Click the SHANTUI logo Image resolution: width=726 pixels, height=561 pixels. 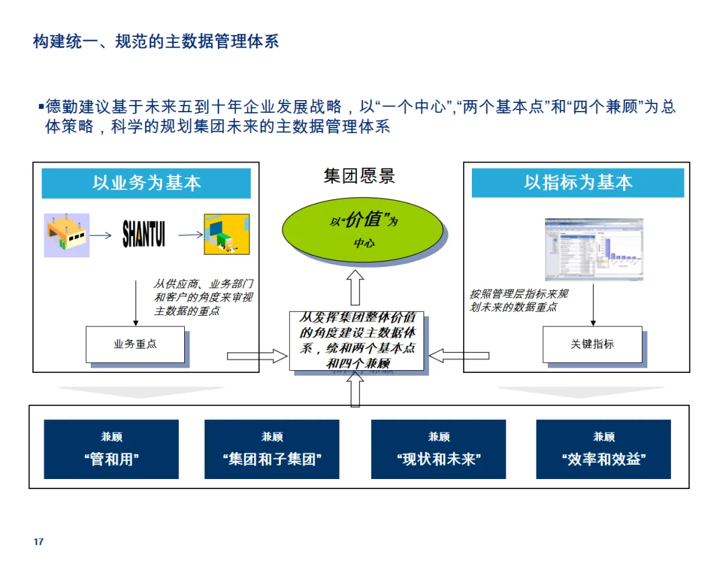(x=143, y=234)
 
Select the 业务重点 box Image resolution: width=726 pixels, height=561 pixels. (x=135, y=344)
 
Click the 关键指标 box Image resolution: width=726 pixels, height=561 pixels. (x=592, y=344)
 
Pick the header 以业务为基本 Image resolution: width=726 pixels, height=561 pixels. (x=146, y=183)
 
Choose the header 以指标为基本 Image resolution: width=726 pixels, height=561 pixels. (x=577, y=183)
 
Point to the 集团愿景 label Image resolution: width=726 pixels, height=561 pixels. (x=359, y=177)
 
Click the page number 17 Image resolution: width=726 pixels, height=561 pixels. (x=38, y=542)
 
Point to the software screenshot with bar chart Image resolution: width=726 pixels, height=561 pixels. (x=594, y=249)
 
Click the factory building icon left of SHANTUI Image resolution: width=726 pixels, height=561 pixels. (x=67, y=235)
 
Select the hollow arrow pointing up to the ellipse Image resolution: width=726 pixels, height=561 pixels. (x=356, y=287)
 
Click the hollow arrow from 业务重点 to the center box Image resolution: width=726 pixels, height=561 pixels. (x=257, y=356)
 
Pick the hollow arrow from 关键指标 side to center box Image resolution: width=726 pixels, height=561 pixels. (x=459, y=356)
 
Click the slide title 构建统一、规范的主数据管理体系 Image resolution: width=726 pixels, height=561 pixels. (x=156, y=42)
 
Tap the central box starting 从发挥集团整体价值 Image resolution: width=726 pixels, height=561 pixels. (x=357, y=341)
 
